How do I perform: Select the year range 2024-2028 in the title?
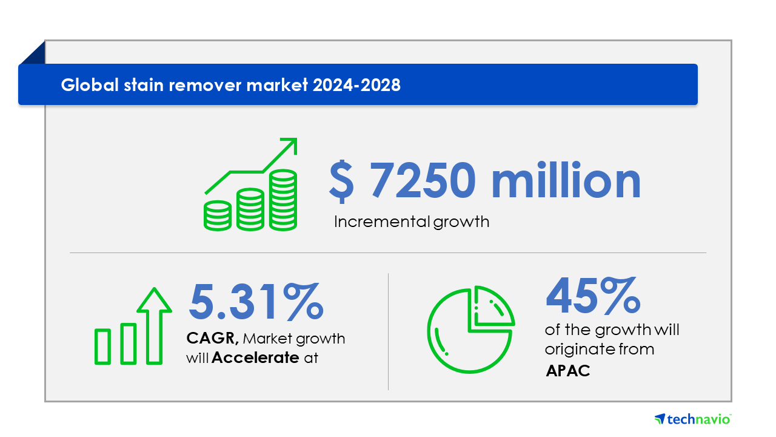(356, 85)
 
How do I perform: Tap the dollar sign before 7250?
(341, 181)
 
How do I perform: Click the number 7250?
(423, 180)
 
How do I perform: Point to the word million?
(566, 180)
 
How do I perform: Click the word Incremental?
(382, 222)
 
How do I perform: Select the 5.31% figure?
(256, 301)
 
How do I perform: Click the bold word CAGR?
(212, 338)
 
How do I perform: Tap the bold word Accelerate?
(255, 357)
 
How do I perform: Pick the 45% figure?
(593, 295)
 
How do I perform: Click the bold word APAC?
(568, 371)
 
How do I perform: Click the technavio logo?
(692, 419)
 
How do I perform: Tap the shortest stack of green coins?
(218, 215)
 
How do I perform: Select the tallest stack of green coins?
(283, 200)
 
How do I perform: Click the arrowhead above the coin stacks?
(290, 145)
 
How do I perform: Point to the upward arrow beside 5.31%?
(154, 326)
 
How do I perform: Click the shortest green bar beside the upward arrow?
(102, 347)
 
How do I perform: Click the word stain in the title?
(144, 85)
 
